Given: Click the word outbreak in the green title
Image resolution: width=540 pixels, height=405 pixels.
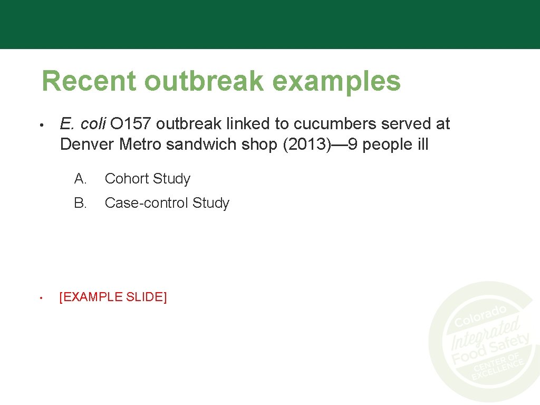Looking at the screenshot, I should tap(203, 81).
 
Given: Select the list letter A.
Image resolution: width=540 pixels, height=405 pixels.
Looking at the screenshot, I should tap(81, 179).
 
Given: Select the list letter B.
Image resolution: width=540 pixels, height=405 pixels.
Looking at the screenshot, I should tap(81, 203).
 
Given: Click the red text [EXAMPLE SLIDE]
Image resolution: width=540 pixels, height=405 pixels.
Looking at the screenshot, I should tap(113, 297).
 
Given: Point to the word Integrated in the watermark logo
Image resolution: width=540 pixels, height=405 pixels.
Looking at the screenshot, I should tap(486, 333).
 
